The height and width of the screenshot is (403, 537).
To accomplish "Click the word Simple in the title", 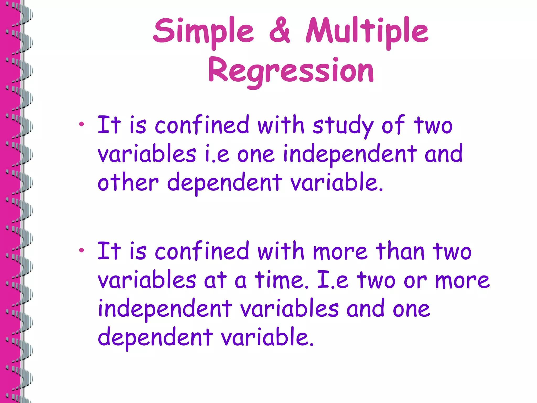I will click(203, 31).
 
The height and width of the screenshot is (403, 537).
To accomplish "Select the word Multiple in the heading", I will click(367, 31).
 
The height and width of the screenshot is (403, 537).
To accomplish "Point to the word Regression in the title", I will click(291, 70).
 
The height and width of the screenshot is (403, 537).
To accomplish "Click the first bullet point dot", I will click(82, 124).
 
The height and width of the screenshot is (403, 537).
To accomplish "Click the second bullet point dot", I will click(82, 250).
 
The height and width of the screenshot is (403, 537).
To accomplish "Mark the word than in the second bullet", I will click(400, 251).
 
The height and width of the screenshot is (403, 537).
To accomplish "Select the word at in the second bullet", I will click(215, 280).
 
